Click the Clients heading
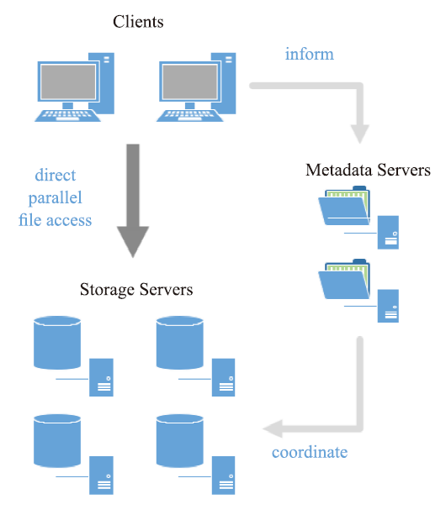click(x=138, y=22)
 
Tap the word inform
click(x=309, y=54)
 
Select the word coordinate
click(x=310, y=452)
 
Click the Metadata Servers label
click(x=368, y=170)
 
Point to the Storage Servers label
click(x=136, y=290)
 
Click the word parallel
click(x=55, y=198)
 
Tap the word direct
click(x=56, y=175)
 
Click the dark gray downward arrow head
click(x=133, y=242)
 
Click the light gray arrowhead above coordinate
click(x=273, y=428)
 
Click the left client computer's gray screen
click(x=68, y=81)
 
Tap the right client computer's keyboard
click(x=190, y=116)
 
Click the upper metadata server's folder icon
click(x=344, y=206)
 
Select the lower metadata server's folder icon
click(x=344, y=279)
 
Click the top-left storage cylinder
click(x=57, y=343)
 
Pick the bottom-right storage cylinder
click(x=179, y=441)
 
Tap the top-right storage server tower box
click(x=223, y=377)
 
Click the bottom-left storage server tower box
click(x=101, y=476)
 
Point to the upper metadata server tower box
click(x=388, y=233)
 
